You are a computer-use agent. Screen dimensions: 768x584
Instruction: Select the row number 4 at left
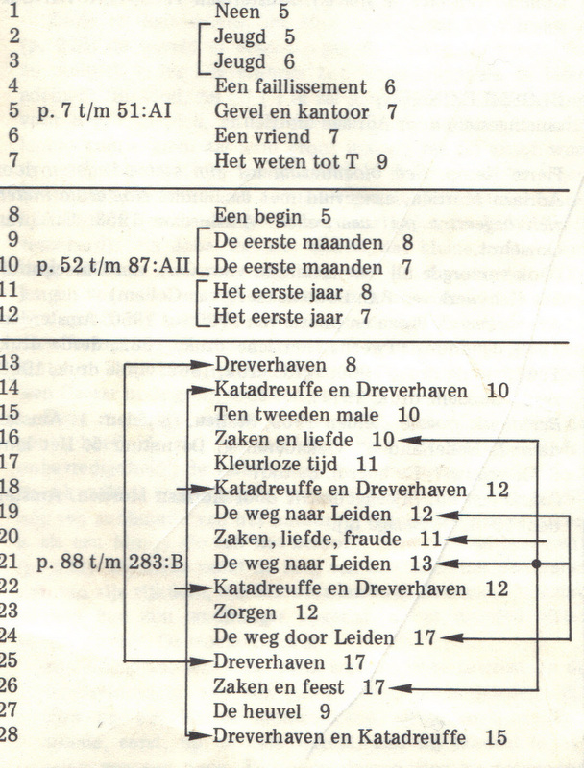coord(13,87)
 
